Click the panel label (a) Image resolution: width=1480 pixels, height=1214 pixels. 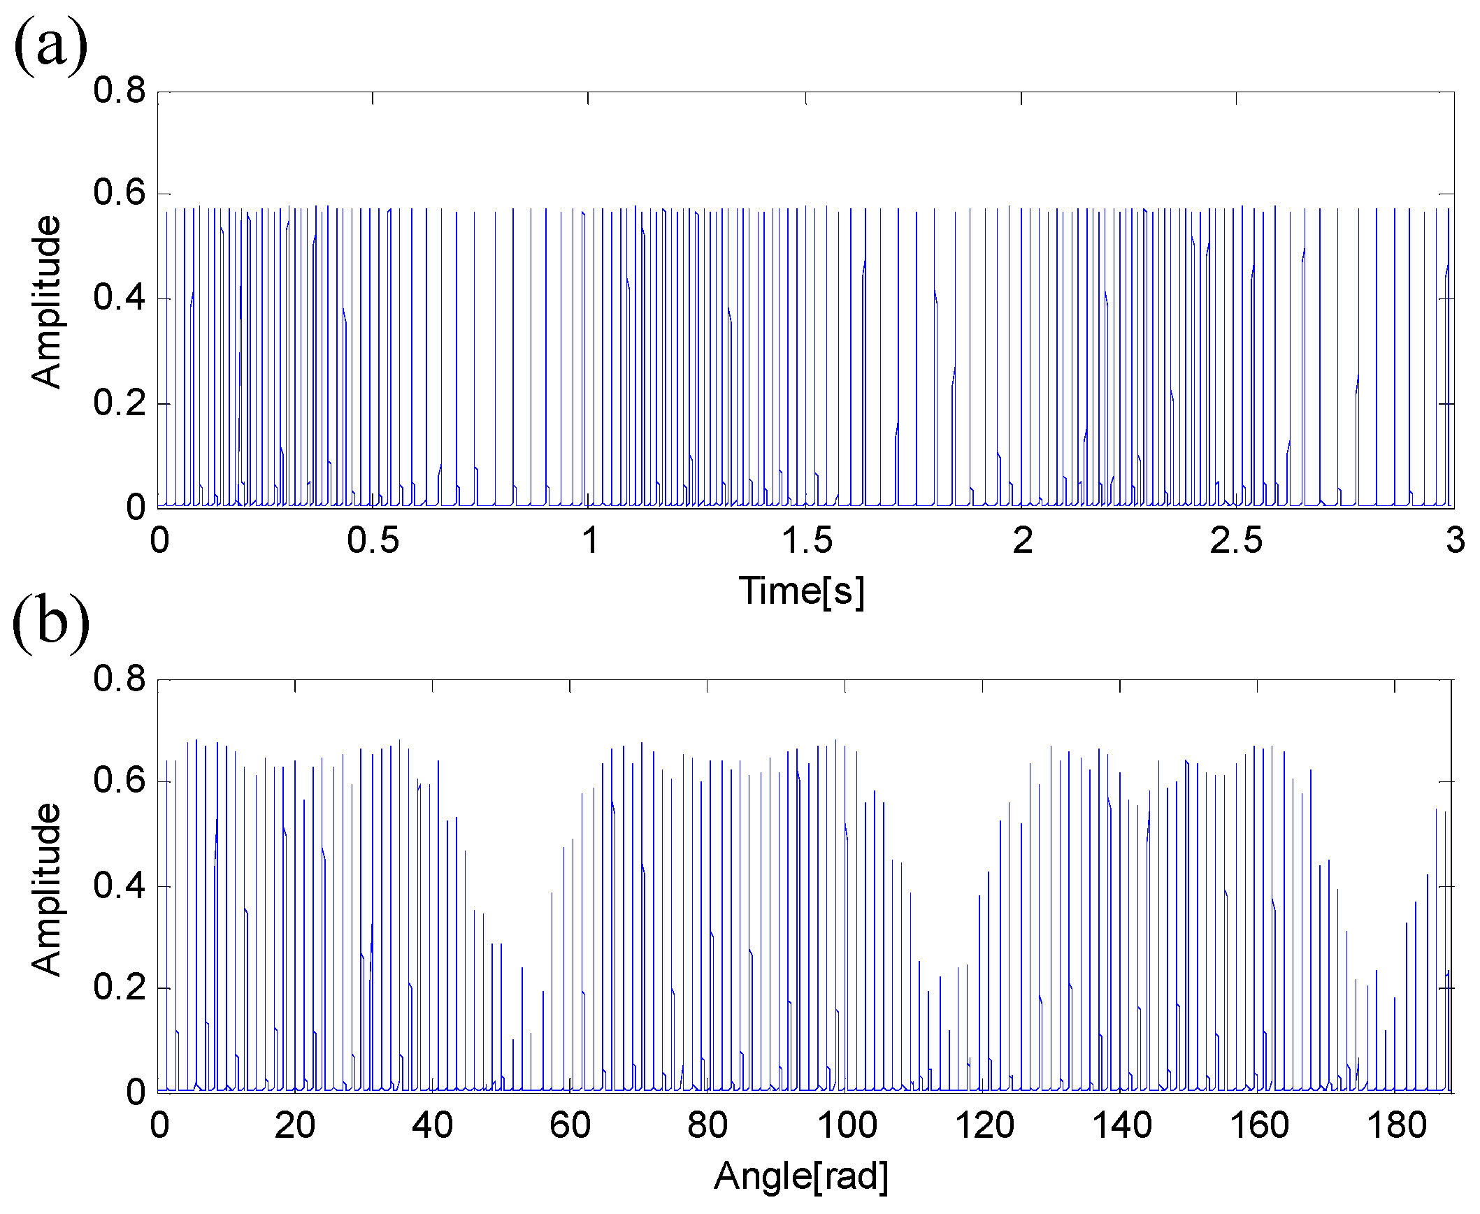click(x=50, y=45)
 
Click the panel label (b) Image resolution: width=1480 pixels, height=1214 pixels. click(x=50, y=621)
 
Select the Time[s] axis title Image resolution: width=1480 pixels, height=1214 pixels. click(x=802, y=591)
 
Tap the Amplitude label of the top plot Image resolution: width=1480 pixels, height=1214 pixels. click(x=46, y=301)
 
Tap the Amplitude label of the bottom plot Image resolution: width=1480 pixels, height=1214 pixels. click(x=46, y=889)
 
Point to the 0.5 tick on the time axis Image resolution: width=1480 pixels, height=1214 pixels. click(x=373, y=540)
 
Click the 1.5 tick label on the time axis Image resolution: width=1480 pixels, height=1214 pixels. click(x=807, y=540)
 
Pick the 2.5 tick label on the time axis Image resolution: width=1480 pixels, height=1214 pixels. click(x=1236, y=540)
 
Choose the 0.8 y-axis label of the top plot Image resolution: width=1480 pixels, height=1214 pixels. click(x=120, y=91)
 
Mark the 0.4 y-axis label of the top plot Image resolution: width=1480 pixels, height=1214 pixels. click(x=120, y=298)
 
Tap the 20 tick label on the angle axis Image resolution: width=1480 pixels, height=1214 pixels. click(x=294, y=1125)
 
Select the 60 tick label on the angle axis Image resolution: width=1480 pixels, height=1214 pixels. click(x=570, y=1125)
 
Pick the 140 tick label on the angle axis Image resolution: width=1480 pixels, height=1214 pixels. click(x=1122, y=1125)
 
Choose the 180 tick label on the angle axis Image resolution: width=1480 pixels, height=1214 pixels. click(x=1397, y=1125)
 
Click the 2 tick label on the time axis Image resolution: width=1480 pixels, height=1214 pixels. click(x=1023, y=540)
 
